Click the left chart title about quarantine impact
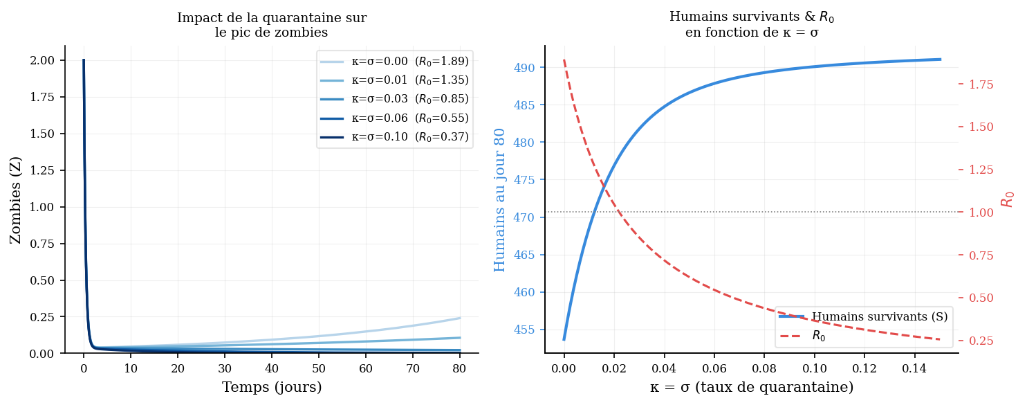tap(272, 25)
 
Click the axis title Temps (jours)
tap(272, 388)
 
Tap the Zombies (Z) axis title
tap(15, 199)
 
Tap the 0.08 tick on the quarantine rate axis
tap(764, 367)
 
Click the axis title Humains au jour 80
tap(500, 199)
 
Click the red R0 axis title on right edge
tap(1008, 194)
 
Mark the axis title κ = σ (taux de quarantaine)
tap(752, 388)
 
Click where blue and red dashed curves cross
tap(604, 186)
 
